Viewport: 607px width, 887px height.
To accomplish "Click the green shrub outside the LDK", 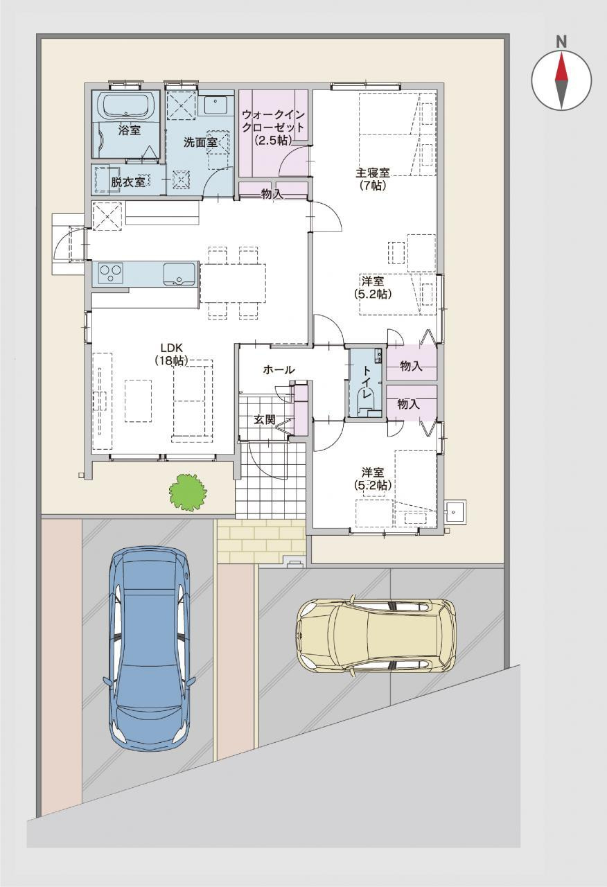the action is click(x=188, y=492).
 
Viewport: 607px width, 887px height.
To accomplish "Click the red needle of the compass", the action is click(x=561, y=67).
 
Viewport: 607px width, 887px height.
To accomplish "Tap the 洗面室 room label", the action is click(x=200, y=143).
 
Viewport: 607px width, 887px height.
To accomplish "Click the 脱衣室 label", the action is click(x=128, y=182).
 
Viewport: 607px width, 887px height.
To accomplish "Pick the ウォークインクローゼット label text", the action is click(x=273, y=121).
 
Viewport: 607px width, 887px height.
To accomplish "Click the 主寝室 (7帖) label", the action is click(x=373, y=179).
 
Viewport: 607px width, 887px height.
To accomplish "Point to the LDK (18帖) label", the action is click(x=171, y=354).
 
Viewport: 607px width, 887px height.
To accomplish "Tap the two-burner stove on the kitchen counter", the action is click(x=111, y=274).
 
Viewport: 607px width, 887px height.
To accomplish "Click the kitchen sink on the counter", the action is click(x=179, y=273).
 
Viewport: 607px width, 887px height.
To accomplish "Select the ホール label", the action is click(x=279, y=370).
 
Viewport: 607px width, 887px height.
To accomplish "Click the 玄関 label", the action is click(x=265, y=420).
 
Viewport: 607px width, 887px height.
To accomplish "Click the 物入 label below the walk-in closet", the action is click(x=272, y=195).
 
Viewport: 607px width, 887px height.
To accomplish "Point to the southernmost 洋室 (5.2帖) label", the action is click(x=373, y=479).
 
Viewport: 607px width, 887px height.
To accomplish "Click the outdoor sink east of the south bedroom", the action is click(x=455, y=512).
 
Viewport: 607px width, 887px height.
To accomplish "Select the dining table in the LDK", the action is click(x=233, y=283).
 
